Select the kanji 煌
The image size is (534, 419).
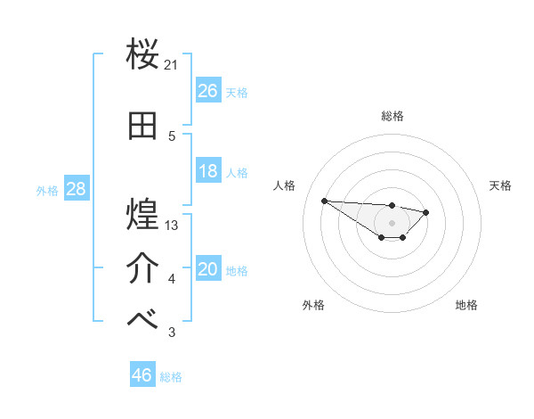click(x=143, y=215)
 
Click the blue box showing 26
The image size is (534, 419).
click(x=208, y=91)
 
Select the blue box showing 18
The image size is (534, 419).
click(x=208, y=171)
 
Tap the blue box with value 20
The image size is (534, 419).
click(x=208, y=270)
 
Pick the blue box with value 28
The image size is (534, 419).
click(x=75, y=189)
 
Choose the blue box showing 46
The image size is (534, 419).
click(x=142, y=375)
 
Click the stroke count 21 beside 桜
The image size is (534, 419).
click(x=172, y=65)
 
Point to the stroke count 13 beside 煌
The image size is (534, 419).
click(x=172, y=226)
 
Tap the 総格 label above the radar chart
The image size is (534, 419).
click(x=392, y=116)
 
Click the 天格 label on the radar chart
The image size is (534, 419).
click(x=501, y=185)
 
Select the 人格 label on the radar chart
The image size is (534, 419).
click(x=285, y=185)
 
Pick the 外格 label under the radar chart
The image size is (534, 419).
click(x=313, y=305)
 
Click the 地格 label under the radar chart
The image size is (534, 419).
click(x=466, y=305)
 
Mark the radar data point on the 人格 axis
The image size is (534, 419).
click(x=324, y=201)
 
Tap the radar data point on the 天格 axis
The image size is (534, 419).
click(x=426, y=212)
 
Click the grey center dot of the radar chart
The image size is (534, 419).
click(x=392, y=223)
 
